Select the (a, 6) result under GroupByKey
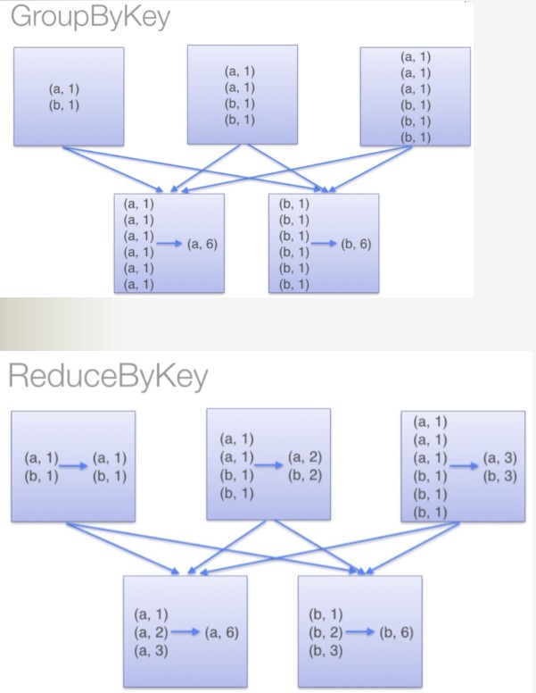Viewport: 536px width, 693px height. tap(202, 244)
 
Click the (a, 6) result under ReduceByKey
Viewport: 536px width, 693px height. tap(220, 632)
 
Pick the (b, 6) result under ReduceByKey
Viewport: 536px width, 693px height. tap(395, 632)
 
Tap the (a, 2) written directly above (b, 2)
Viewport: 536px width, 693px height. tap(305, 457)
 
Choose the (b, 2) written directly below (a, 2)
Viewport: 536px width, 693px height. tap(305, 474)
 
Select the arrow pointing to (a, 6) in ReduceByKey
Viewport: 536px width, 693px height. tap(183, 632)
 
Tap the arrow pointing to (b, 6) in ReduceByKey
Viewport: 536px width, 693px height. tap(358, 632)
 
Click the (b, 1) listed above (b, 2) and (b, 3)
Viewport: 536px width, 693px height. tap(325, 614)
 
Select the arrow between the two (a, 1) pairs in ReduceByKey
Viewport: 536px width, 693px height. tap(74, 465)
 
